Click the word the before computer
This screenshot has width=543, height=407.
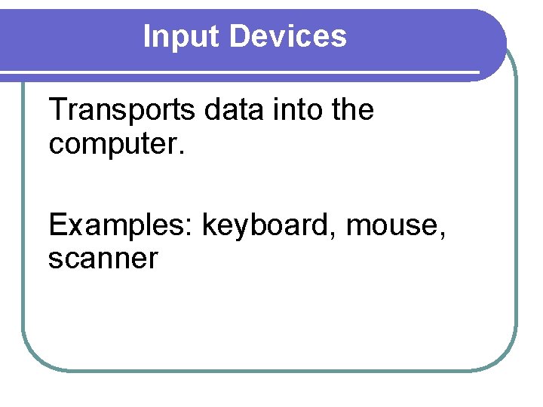pos(352,110)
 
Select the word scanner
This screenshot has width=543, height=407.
pos(103,259)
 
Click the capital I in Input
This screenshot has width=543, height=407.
pos(147,36)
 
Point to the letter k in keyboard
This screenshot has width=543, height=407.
pos(209,225)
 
